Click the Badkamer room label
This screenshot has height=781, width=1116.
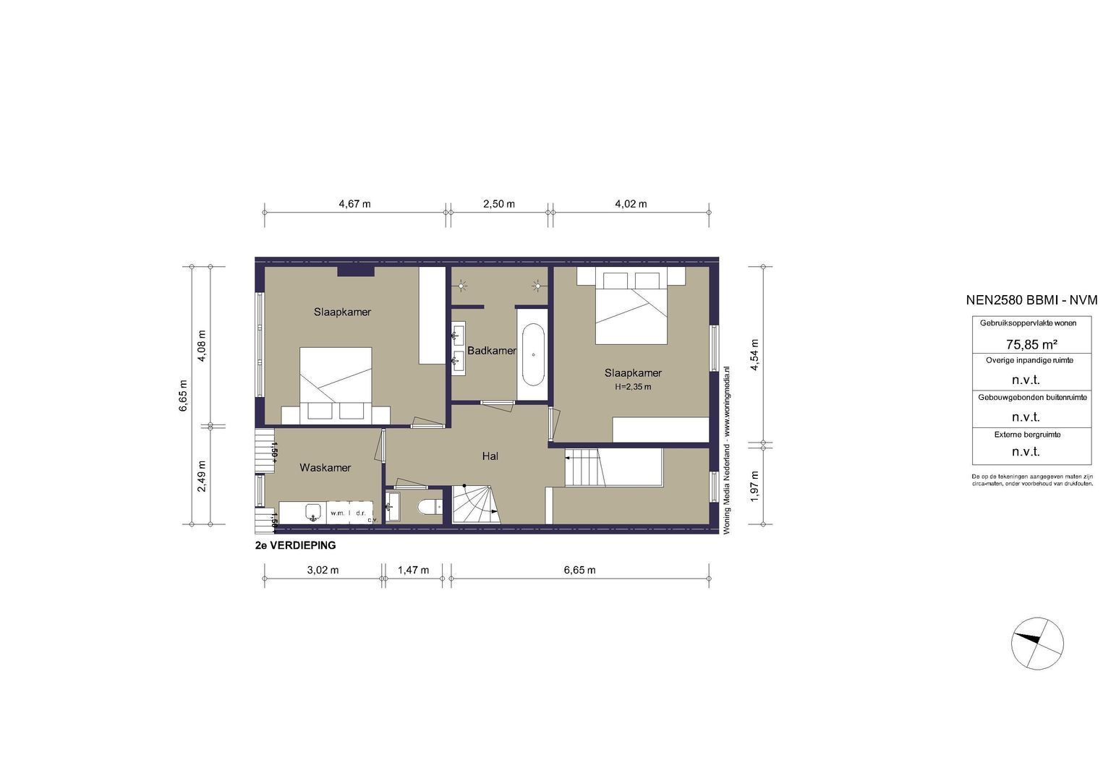492,351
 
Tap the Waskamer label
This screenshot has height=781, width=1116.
325,468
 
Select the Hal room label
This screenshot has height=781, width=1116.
490,456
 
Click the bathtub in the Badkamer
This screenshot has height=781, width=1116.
534,354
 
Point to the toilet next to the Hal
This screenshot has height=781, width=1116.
430,508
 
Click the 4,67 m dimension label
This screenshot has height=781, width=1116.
354,204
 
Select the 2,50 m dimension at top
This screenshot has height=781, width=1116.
499,204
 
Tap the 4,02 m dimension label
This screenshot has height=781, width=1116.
631,204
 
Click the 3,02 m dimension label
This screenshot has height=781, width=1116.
323,570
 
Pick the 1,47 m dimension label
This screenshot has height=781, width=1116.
413,570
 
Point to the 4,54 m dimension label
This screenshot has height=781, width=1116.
754,355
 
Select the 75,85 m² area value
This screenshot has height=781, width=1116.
1031,344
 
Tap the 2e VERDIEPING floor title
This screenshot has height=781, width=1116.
295,546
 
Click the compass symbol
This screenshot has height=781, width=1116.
1038,644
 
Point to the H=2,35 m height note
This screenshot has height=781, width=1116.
633,387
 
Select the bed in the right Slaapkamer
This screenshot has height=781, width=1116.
631,307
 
